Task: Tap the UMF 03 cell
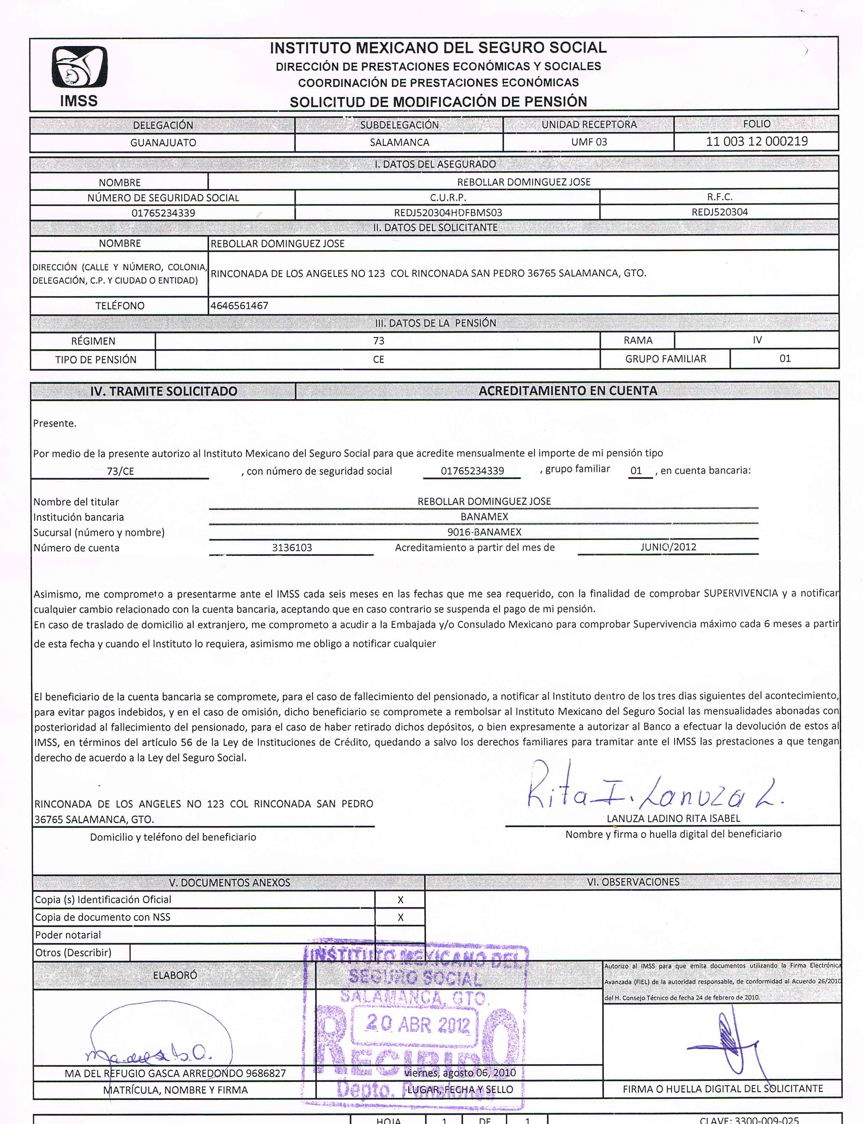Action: click(589, 142)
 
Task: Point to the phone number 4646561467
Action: click(240, 306)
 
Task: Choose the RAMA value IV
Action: click(757, 340)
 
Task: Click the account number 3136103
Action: click(292, 548)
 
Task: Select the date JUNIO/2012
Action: click(668, 547)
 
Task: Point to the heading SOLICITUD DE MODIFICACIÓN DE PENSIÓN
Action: click(438, 102)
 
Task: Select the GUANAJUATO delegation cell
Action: click(163, 142)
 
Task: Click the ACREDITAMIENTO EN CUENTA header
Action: click(568, 391)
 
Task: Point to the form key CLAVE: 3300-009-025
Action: click(749, 1120)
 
